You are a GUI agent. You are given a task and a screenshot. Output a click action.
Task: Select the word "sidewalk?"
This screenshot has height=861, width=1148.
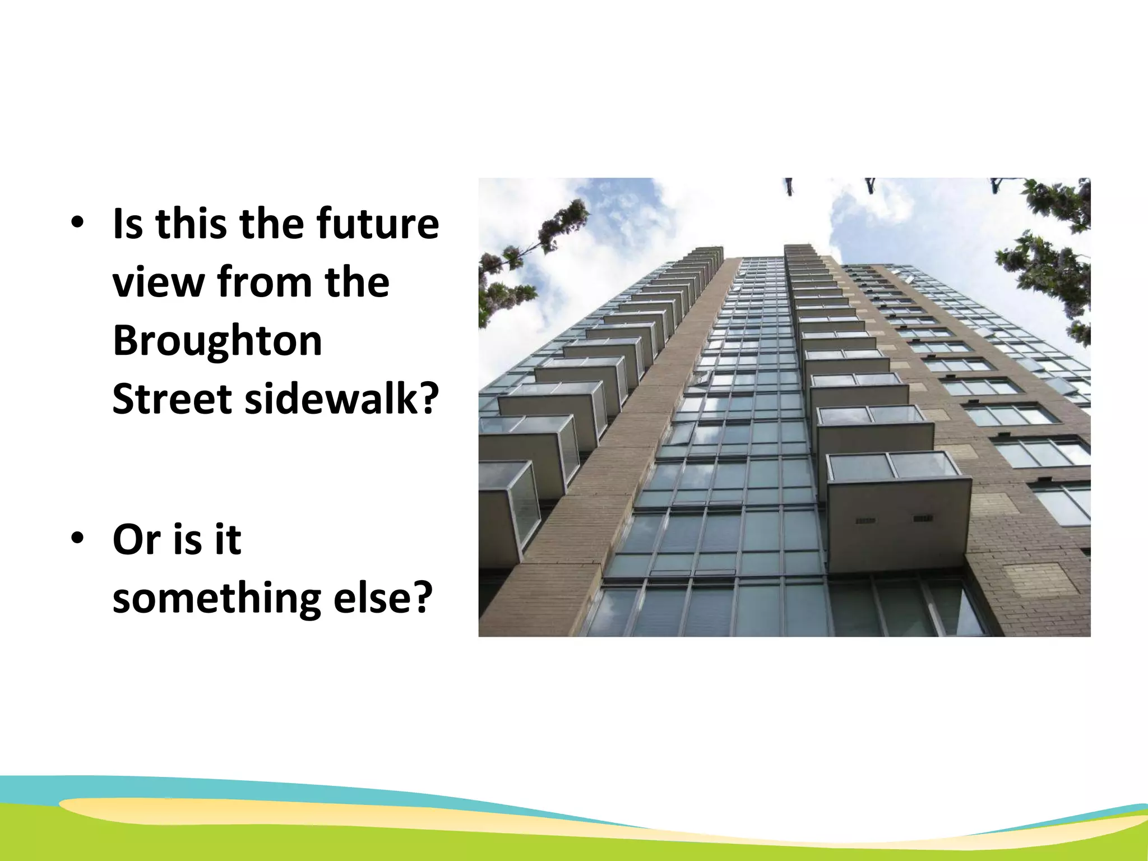342,399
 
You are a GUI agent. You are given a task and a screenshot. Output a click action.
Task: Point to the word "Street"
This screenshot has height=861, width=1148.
172,399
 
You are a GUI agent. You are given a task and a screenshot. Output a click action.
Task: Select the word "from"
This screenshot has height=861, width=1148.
264,282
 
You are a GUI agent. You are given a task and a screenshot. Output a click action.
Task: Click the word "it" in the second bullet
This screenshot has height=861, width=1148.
228,540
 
